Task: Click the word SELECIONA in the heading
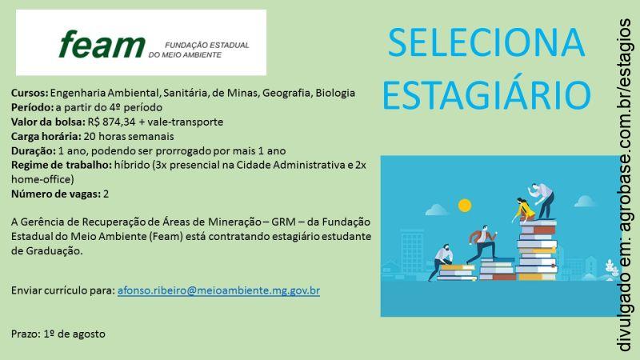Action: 486,44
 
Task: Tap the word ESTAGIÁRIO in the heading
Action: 486,94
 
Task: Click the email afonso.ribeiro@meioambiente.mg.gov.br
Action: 218,290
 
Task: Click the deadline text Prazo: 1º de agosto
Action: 58,333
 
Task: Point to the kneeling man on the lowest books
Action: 445,262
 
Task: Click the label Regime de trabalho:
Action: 55,165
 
